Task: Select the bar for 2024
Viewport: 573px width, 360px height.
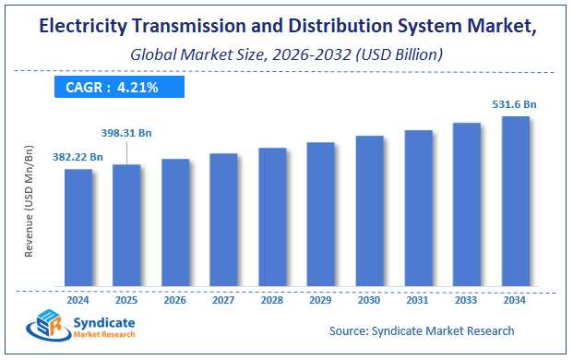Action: tap(78, 227)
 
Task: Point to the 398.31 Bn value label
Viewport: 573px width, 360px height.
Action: tap(127, 133)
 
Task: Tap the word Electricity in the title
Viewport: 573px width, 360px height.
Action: tap(87, 29)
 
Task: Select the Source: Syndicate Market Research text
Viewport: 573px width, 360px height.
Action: tap(422, 330)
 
